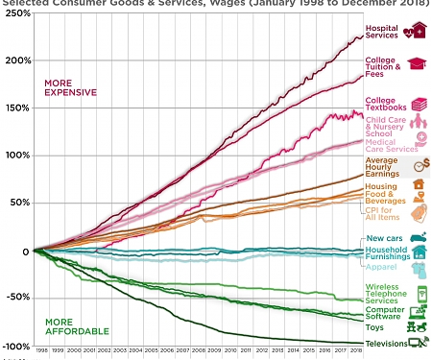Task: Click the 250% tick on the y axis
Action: click(x=14, y=13)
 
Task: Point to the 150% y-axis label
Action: click(x=14, y=108)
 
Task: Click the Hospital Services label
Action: click(x=382, y=32)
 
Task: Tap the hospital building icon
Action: click(x=416, y=32)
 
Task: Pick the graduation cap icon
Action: click(x=418, y=64)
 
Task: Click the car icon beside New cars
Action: click(x=418, y=238)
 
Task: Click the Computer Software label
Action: click(x=384, y=313)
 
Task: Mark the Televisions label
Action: click(x=385, y=342)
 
